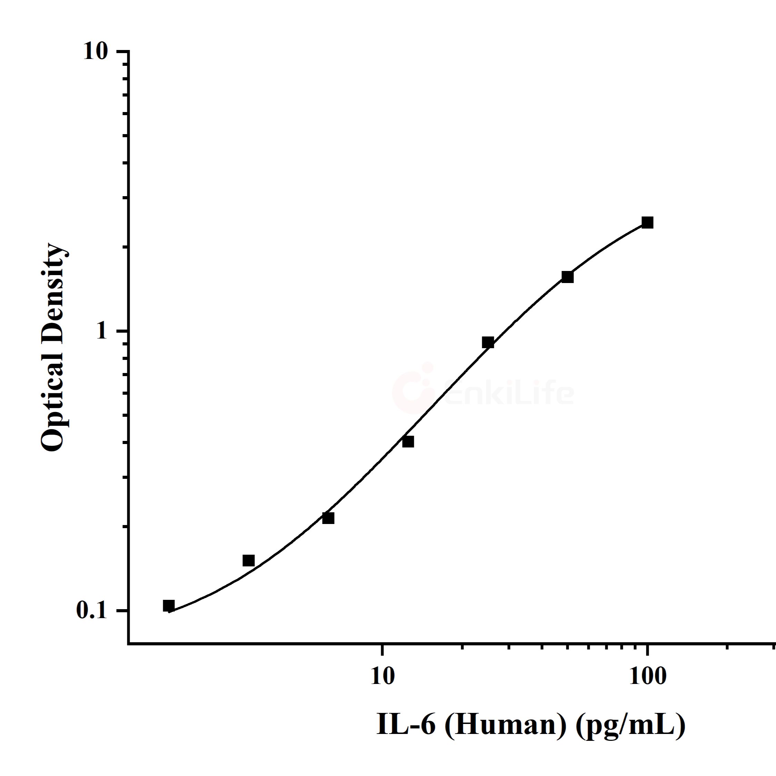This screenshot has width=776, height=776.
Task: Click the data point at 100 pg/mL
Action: pyautogui.click(x=647, y=222)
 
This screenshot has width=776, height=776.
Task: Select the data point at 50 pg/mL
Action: pyautogui.click(x=567, y=277)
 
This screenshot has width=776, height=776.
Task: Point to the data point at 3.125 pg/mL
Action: pyautogui.click(x=249, y=560)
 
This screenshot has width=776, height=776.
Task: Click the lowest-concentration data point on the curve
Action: pyautogui.click(x=169, y=605)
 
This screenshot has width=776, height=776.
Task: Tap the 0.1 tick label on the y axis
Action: pyautogui.click(x=92, y=611)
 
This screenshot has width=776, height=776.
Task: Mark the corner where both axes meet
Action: pyautogui.click(x=129, y=644)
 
